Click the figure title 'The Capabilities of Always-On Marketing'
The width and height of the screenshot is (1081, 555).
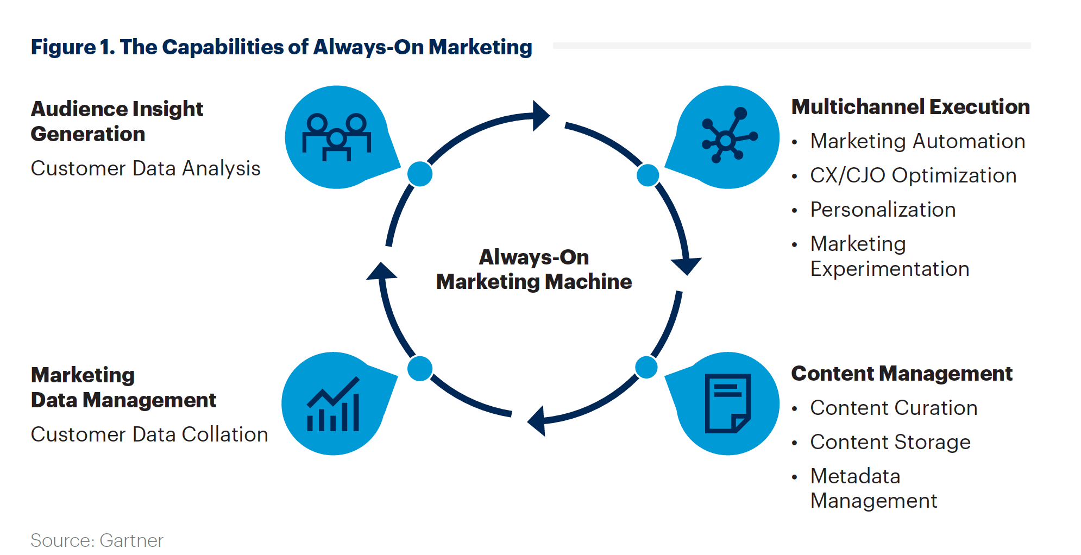281,47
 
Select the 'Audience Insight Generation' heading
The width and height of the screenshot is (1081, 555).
117,121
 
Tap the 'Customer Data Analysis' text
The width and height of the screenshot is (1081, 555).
146,168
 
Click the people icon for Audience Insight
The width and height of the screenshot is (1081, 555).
337,137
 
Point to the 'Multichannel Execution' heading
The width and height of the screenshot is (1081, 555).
910,107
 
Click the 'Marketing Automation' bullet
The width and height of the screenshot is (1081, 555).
917,141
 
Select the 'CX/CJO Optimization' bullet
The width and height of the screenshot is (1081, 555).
913,175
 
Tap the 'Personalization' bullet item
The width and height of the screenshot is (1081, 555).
883,210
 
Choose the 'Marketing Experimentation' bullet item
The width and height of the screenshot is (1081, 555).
889,256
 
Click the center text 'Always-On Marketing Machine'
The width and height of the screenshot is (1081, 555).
534,269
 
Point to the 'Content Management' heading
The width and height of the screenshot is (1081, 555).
902,374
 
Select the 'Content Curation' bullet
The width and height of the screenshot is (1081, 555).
894,408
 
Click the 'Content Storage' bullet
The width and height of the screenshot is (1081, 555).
890,442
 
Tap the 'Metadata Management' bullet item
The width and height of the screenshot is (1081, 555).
873,488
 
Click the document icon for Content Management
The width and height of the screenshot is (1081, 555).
727,403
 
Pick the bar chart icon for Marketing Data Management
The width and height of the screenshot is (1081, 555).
334,404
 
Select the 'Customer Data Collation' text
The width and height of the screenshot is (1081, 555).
149,434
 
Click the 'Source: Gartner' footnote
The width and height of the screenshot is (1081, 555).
97,540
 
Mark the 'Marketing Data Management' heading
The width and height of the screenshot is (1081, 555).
123,387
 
